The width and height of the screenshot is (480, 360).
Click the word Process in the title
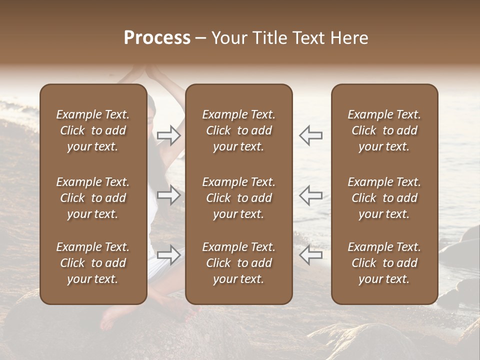(x=157, y=38)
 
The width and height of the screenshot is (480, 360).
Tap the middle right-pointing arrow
(x=169, y=195)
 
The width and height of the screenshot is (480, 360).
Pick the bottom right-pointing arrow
(x=169, y=255)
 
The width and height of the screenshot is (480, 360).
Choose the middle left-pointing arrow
(x=310, y=195)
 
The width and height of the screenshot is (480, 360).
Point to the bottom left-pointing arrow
(x=310, y=255)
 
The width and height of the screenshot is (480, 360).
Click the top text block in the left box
(x=93, y=130)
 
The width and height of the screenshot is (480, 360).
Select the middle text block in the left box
(x=93, y=198)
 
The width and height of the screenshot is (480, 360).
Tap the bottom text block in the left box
(x=93, y=263)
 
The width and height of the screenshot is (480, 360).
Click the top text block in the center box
(x=238, y=130)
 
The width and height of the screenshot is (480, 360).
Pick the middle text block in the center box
(x=238, y=198)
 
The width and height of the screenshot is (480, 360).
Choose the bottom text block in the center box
(x=238, y=263)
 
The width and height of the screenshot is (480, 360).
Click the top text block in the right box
(x=384, y=130)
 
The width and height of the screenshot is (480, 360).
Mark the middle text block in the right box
(x=384, y=198)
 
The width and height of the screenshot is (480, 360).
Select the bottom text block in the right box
(x=384, y=263)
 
